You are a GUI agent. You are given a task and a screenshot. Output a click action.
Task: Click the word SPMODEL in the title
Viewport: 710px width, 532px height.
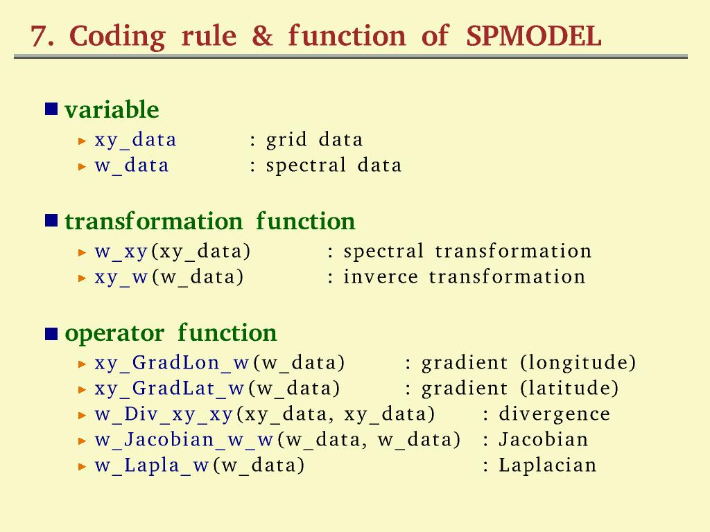pos(534,35)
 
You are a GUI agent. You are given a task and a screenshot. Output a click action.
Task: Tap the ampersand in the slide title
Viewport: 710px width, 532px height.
pos(263,35)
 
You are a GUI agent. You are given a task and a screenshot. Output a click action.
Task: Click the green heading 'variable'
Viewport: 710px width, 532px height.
pos(112,109)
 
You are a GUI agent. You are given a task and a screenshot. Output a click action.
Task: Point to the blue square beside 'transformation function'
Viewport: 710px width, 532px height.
pos(51,220)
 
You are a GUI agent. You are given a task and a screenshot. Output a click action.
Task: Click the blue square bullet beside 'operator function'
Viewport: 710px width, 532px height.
pos(51,334)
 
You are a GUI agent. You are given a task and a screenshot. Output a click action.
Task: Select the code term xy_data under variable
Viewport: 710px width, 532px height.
pos(135,140)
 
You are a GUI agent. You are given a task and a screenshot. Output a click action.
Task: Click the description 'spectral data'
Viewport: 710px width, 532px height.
pos(334,166)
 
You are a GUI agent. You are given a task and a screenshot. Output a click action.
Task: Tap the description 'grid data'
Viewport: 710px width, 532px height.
pos(314,140)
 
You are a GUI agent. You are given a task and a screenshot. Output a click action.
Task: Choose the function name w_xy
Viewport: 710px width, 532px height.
pos(121,252)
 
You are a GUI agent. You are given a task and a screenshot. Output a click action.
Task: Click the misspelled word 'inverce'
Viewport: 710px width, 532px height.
pos(381,276)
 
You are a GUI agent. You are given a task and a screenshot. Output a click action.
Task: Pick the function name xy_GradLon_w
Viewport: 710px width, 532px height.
pos(172,363)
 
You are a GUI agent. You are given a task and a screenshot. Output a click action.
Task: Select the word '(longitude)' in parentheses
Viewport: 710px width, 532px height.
pos(578,363)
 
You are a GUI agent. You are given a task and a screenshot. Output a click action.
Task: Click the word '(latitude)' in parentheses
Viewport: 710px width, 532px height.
pos(569,388)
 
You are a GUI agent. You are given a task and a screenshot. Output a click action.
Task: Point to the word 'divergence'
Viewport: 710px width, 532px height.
pos(554,414)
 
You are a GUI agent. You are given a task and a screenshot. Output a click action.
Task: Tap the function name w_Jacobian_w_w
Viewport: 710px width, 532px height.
pos(184,440)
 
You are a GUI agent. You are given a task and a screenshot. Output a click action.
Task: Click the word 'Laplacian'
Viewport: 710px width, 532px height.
pos(548,465)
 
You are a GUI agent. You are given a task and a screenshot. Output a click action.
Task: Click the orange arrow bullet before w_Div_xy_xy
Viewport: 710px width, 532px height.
pos(82,415)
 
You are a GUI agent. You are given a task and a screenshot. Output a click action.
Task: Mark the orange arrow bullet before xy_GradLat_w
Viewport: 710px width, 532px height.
pos(82,389)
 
